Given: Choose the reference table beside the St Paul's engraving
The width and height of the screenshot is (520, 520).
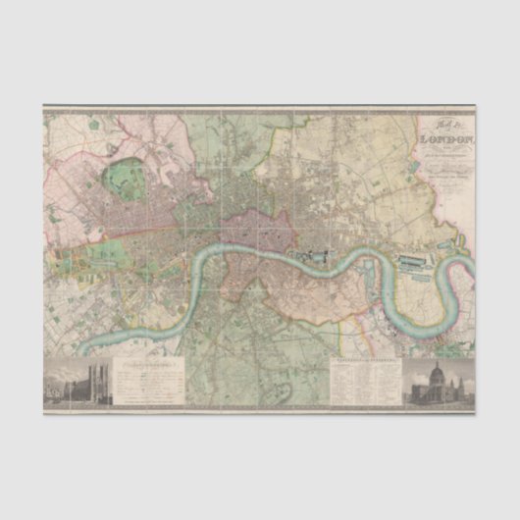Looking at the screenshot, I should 365,382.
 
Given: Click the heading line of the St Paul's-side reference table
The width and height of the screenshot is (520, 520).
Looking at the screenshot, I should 365,361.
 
